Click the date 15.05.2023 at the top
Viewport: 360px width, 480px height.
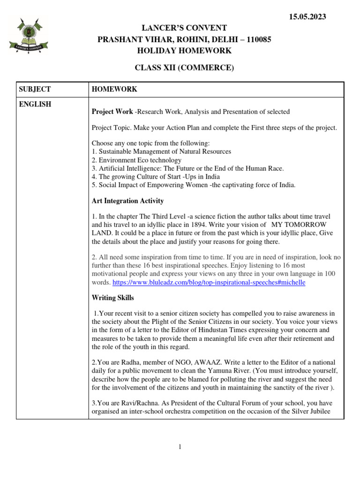[x=307, y=17]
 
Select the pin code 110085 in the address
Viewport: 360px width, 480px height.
[x=257, y=39]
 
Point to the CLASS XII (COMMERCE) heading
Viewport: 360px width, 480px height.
[x=184, y=68]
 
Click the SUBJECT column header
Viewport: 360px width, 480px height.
[x=35, y=89]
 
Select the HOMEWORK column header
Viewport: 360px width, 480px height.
[x=114, y=89]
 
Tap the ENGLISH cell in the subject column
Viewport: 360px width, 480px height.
[x=35, y=104]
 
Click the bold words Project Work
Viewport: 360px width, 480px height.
[x=112, y=112]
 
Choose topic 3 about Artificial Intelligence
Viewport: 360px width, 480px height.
[x=187, y=168]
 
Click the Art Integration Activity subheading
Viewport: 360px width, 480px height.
[x=128, y=201]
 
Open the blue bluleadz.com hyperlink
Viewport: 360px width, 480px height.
[x=210, y=283]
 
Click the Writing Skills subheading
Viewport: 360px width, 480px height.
[x=112, y=298]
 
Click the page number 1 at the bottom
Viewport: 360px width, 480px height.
[x=180, y=447]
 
